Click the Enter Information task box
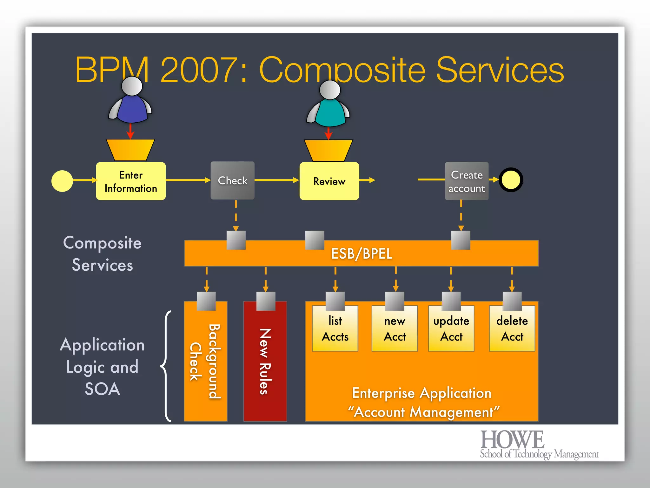coord(131,181)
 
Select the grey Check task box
coord(232,180)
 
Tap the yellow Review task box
coord(329,181)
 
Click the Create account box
coord(467,181)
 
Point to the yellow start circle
coord(62,181)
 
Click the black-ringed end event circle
coord(511,180)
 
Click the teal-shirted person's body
coord(329,113)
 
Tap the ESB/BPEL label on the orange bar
coord(361,254)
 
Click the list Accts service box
coord(335,329)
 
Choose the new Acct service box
coord(395,329)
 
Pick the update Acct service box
coord(451,329)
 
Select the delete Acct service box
coord(512,329)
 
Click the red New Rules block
coord(265,362)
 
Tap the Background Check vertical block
coord(205,362)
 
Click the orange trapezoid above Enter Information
coord(130,150)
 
